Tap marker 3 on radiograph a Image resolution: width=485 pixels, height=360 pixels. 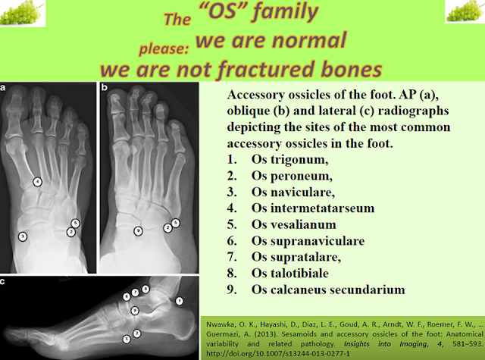pos(23,236)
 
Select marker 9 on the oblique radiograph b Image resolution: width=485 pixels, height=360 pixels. pos(138,230)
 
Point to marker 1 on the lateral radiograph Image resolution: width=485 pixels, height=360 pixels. pos(180,301)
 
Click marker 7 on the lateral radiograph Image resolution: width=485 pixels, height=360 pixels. pos(136,292)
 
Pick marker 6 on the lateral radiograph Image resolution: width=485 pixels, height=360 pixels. pos(127,296)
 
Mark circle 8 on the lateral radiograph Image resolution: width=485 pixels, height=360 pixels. pos(145,290)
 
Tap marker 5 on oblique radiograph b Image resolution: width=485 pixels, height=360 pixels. pos(175,223)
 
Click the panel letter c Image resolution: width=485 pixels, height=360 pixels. pos(5,281)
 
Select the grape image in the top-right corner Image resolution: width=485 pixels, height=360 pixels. pos(465,11)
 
